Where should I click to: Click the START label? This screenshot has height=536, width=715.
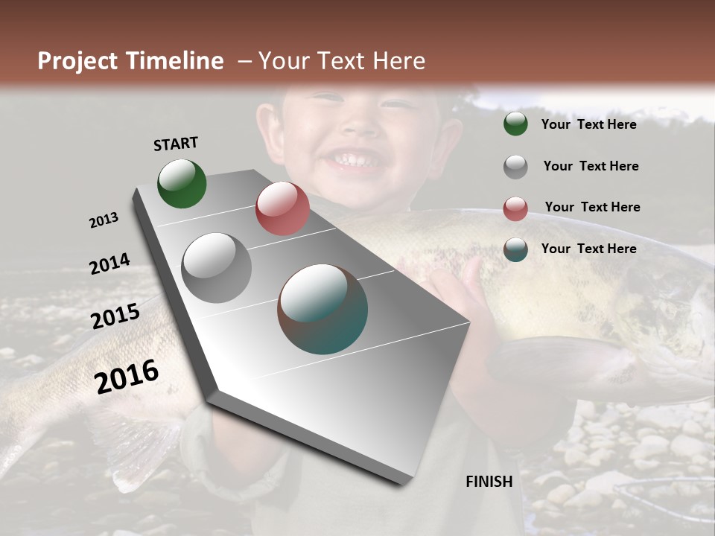click(x=176, y=144)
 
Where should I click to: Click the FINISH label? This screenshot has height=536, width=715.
click(x=489, y=482)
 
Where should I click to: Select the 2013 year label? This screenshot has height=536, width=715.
click(x=104, y=220)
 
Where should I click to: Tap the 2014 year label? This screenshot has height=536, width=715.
click(x=109, y=264)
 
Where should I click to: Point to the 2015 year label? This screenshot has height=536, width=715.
click(x=115, y=316)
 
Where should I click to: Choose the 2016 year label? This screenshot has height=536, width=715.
click(x=127, y=377)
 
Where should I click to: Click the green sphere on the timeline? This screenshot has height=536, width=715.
click(x=182, y=184)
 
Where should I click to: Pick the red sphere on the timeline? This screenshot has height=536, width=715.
click(x=282, y=208)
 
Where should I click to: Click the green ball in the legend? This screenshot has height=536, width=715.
click(x=515, y=124)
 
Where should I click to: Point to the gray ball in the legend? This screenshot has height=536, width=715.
click(x=515, y=167)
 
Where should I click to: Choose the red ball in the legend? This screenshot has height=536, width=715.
click(x=515, y=208)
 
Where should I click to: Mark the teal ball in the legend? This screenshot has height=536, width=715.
click(x=515, y=249)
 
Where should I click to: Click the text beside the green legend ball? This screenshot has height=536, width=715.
click(x=588, y=124)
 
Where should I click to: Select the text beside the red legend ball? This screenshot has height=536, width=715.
click(x=592, y=207)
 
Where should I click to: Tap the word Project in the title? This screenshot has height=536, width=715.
click(x=77, y=61)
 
